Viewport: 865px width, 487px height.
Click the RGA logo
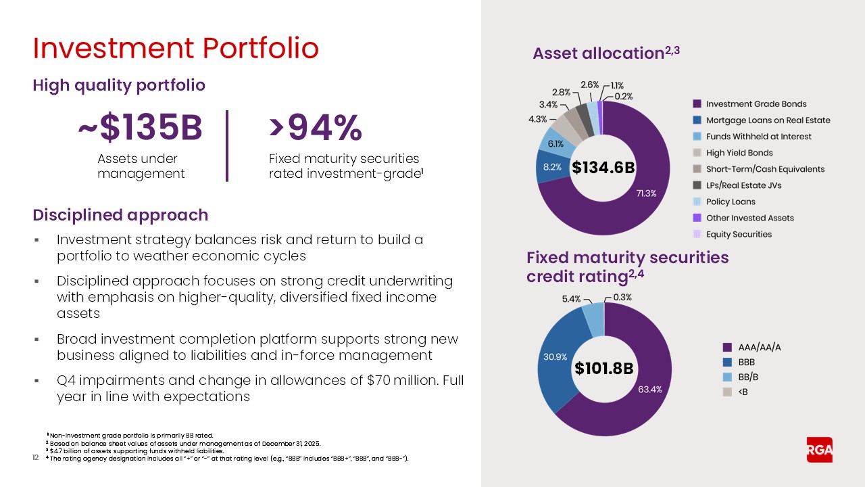[x=820, y=450]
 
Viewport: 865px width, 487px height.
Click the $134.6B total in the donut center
[x=603, y=167]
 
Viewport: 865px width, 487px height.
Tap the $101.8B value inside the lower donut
[x=604, y=368]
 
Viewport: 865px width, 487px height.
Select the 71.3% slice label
[x=646, y=193]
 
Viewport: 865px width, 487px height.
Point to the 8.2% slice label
[x=551, y=167]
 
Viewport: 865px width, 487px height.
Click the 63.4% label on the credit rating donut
[x=650, y=389]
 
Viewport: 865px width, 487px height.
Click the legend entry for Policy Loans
[x=731, y=202]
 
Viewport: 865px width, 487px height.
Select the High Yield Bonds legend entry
[x=739, y=153]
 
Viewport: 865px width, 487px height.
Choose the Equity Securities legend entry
[x=739, y=234]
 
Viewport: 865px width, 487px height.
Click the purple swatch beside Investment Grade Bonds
[x=696, y=104]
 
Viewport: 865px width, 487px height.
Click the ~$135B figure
[x=140, y=129]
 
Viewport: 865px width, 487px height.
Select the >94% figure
[x=316, y=129]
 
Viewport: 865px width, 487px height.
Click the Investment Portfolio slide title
[x=176, y=49]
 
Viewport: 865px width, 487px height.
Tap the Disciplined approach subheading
[x=120, y=215]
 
